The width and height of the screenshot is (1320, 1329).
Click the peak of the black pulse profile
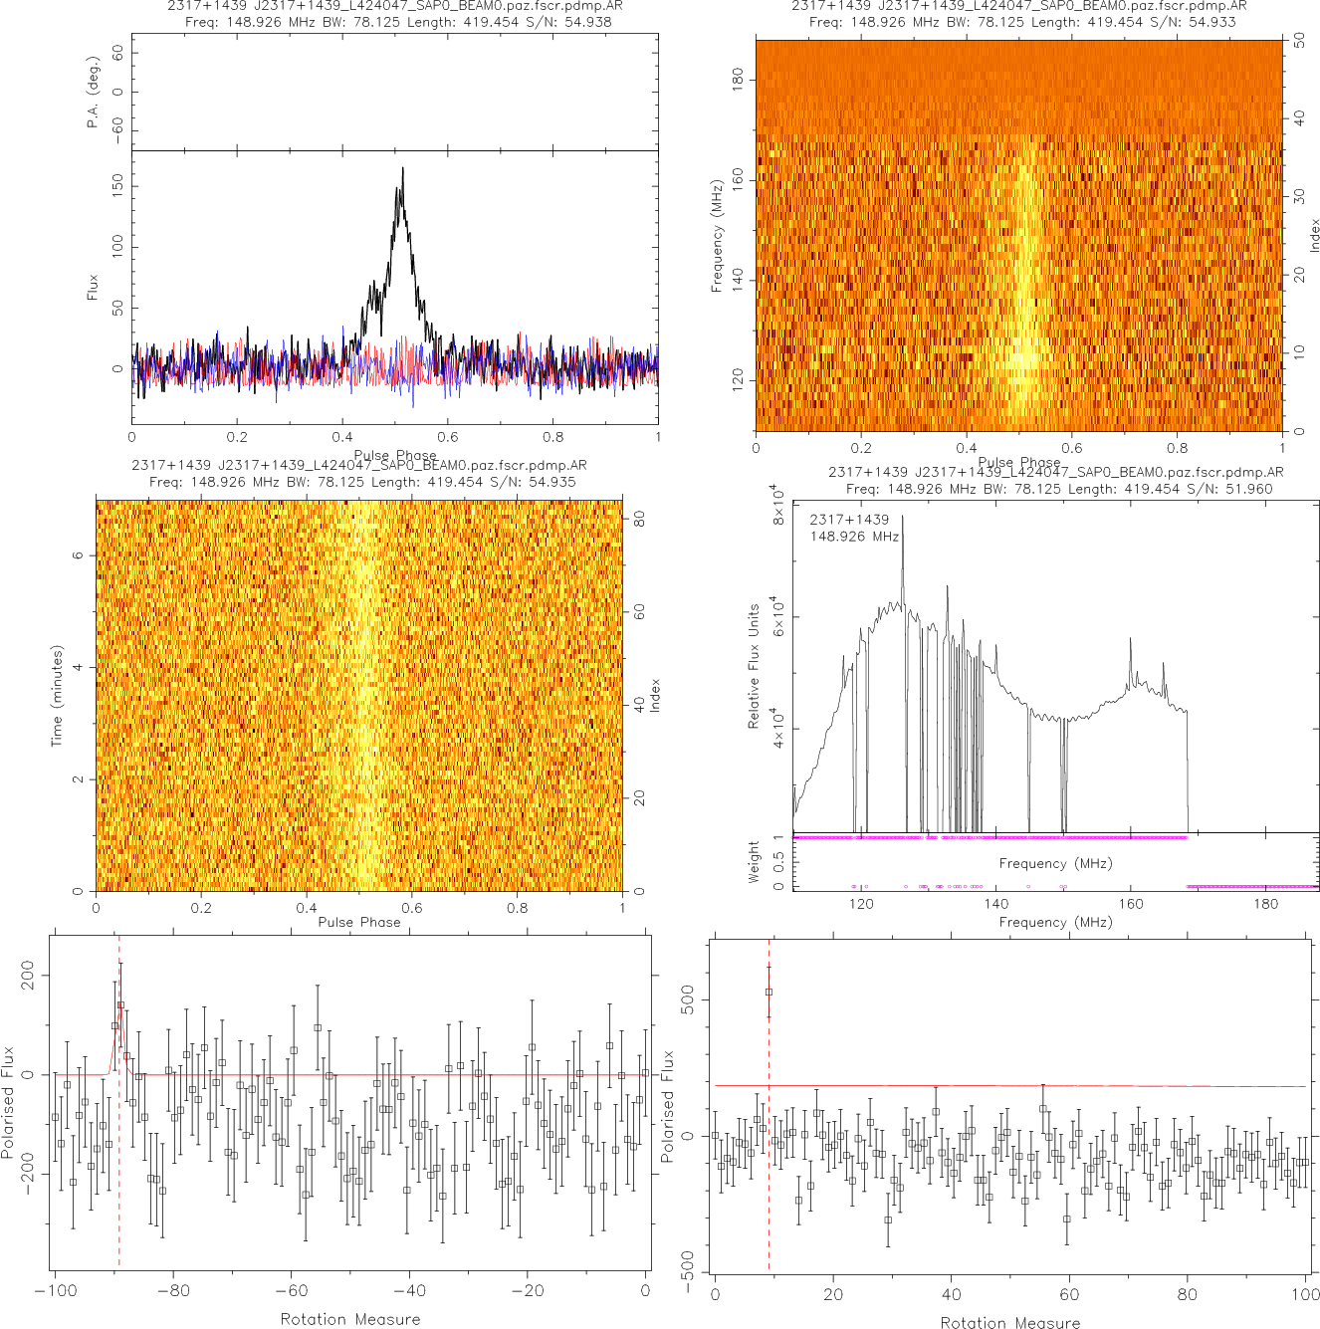(x=403, y=168)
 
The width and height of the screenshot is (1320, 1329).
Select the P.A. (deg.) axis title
(x=93, y=92)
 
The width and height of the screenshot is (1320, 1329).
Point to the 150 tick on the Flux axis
(x=117, y=184)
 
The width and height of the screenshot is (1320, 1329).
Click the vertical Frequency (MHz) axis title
(x=716, y=236)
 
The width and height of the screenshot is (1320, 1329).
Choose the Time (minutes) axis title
(x=57, y=696)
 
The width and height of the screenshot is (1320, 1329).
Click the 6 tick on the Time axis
(x=78, y=555)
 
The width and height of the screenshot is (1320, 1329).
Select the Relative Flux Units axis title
(x=754, y=665)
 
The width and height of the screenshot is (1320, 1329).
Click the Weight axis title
(x=754, y=861)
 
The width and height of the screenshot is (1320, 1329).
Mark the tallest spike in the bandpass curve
(x=903, y=517)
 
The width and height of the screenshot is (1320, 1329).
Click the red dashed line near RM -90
(x=119, y=1175)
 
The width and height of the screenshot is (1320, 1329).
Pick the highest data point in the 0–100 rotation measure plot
(x=769, y=992)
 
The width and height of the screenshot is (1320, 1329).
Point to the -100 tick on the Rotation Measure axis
(x=55, y=1291)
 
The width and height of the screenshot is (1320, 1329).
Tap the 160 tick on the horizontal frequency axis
(x=1131, y=904)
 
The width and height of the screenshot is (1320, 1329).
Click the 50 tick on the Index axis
(x=1299, y=42)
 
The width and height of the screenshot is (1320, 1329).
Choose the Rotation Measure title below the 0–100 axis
(x=1010, y=1322)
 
